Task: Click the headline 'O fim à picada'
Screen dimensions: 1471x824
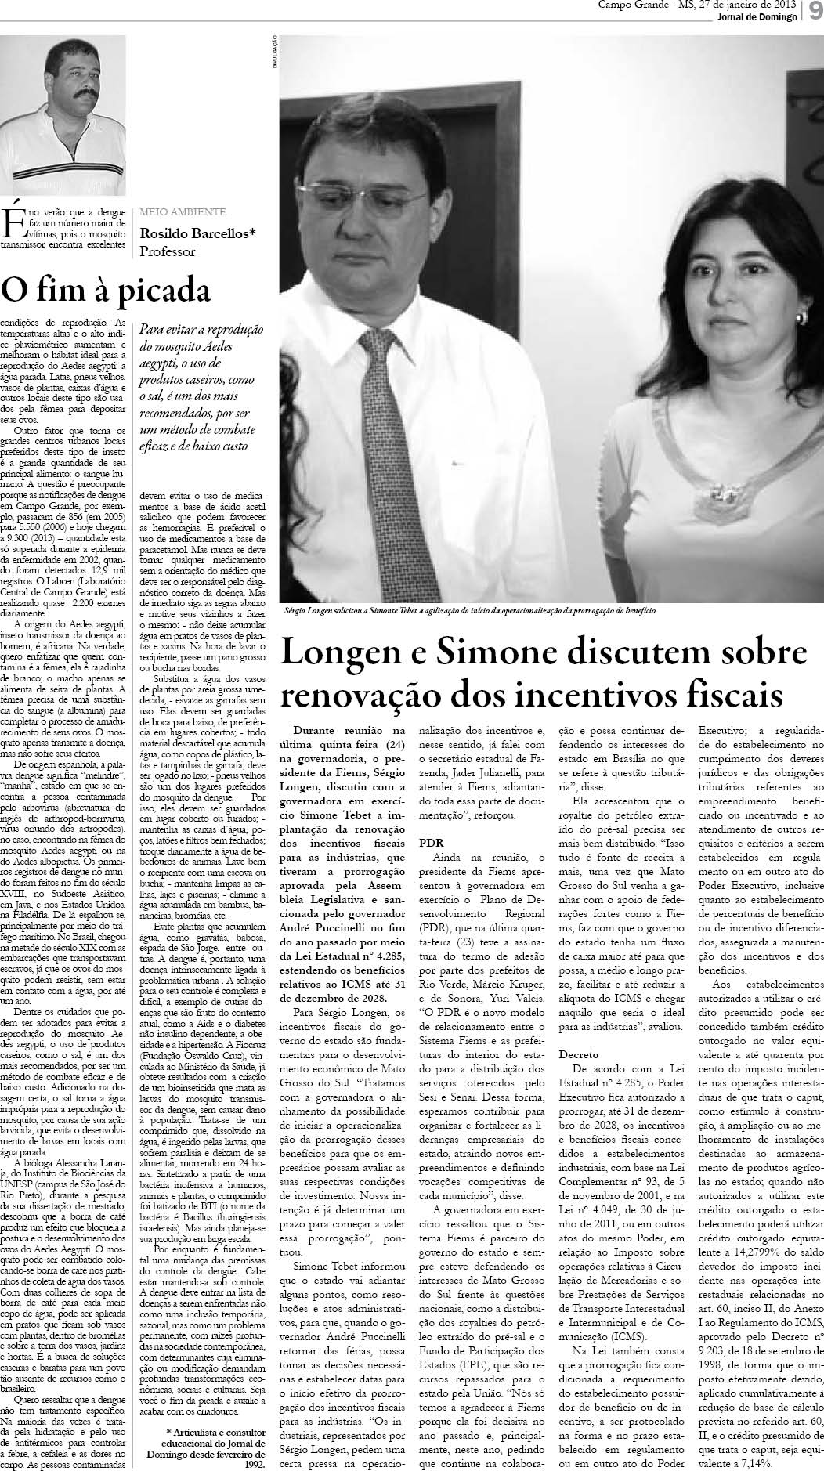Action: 106,290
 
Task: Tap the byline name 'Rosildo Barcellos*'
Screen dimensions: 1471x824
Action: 197,233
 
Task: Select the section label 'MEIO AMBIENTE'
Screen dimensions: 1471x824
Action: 183,211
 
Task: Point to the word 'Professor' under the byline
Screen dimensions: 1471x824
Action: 167,251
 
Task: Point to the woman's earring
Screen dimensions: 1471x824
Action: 801,316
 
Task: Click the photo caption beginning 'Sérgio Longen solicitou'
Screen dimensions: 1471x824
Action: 469,610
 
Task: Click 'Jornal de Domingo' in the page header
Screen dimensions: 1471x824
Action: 757,18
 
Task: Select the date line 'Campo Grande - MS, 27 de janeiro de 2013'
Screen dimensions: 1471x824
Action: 696,6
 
